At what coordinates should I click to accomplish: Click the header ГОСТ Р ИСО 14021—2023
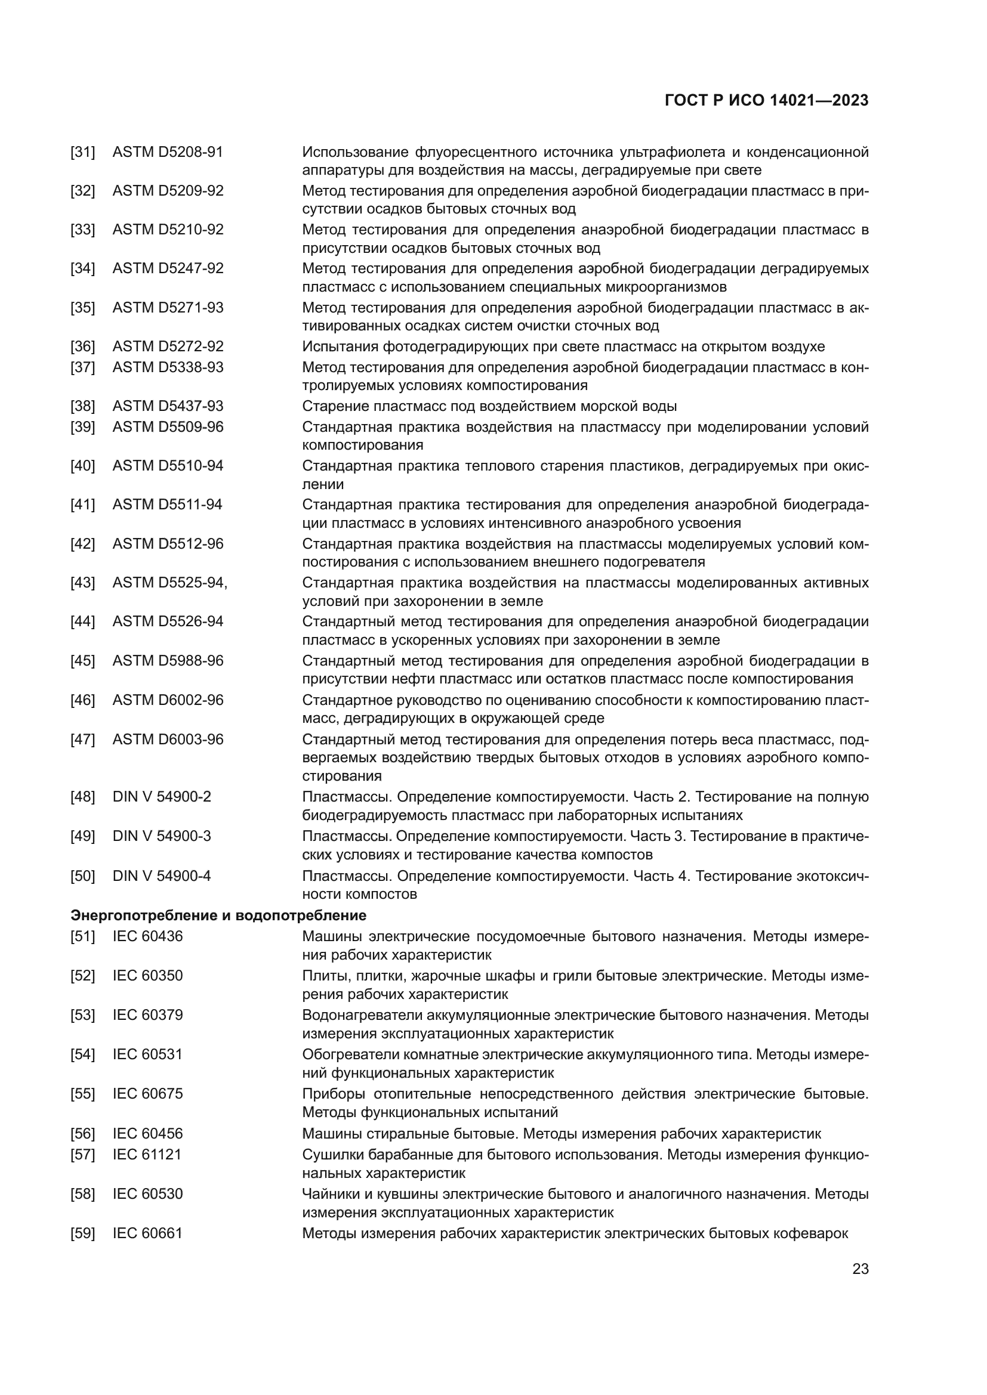766,101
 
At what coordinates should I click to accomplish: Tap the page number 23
860,1269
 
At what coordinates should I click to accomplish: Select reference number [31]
83,152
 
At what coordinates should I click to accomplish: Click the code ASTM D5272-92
168,347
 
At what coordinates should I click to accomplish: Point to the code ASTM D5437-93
168,406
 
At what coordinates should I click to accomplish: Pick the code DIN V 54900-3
162,836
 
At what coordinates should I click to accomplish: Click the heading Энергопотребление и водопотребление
218,915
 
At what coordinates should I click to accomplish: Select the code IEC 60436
147,936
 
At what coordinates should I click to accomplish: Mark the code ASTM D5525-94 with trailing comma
169,583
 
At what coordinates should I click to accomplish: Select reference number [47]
83,740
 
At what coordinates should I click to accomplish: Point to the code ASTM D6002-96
168,700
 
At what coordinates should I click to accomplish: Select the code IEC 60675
147,1094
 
